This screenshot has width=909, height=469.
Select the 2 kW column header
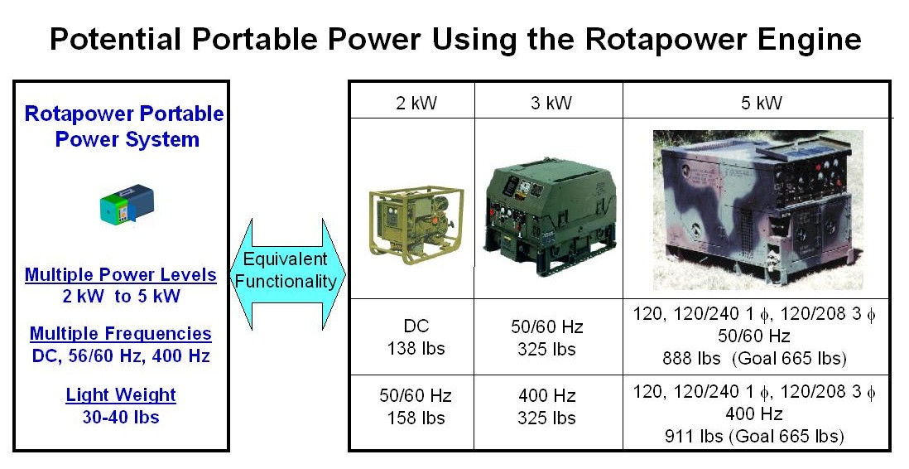tap(416, 103)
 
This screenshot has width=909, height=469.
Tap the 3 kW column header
tap(551, 103)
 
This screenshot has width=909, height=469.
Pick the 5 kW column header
tap(761, 103)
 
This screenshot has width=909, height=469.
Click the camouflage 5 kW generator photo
tap(758, 210)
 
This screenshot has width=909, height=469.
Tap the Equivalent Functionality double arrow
tap(288, 274)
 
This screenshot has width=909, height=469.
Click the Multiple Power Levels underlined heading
tap(121, 274)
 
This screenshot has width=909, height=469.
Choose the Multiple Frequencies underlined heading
tap(121, 333)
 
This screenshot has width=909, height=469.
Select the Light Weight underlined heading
tap(121, 394)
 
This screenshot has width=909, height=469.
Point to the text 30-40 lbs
tap(121, 417)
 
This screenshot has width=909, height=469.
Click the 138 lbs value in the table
tap(416, 348)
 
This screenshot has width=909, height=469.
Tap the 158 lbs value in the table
tap(416, 418)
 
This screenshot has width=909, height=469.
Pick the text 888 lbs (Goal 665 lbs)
tap(755, 358)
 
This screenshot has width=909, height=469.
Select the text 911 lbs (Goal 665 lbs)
tap(754, 436)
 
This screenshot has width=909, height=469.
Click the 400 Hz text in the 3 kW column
tap(546, 396)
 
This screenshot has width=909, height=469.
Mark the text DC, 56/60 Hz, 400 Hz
tap(121, 355)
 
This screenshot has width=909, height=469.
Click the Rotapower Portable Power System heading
tap(125, 127)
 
